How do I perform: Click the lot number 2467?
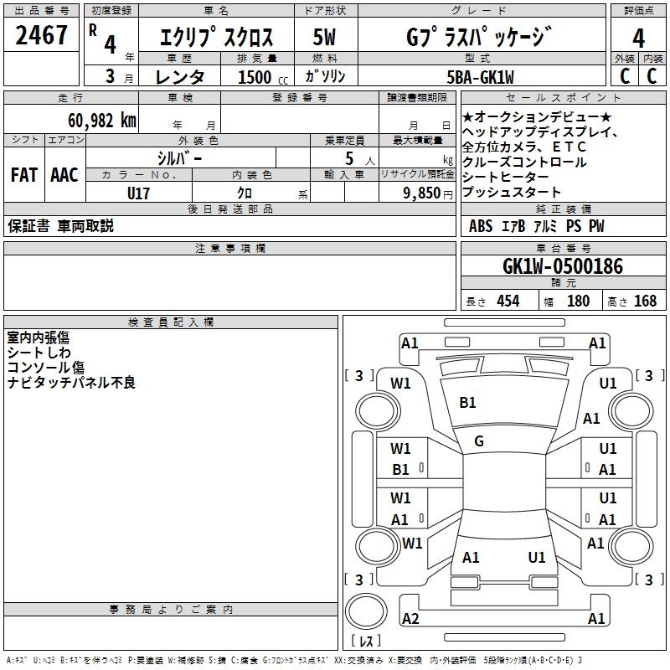pyautogui.click(x=41, y=35)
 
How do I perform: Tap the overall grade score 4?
pyautogui.click(x=638, y=37)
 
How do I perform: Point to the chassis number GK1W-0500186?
pyautogui.click(x=563, y=266)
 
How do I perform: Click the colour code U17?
pyautogui.click(x=138, y=192)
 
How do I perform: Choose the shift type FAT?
pyautogui.click(x=23, y=175)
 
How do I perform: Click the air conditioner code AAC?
pyautogui.click(x=64, y=175)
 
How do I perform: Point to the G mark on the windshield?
pyautogui.click(x=479, y=441)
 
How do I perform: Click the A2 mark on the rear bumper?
pyautogui.click(x=410, y=619)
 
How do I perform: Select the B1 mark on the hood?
pyautogui.click(x=467, y=403)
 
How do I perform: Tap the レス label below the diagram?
pyautogui.click(x=366, y=642)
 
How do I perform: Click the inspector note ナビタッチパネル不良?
pyautogui.click(x=71, y=383)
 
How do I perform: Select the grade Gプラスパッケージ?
pyautogui.click(x=479, y=37)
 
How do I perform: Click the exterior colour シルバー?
pyautogui.click(x=179, y=157)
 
